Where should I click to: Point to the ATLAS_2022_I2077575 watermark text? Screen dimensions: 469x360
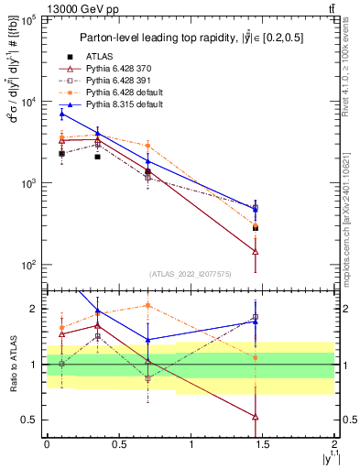[190, 274]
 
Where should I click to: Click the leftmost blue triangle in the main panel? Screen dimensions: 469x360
[61, 114]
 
